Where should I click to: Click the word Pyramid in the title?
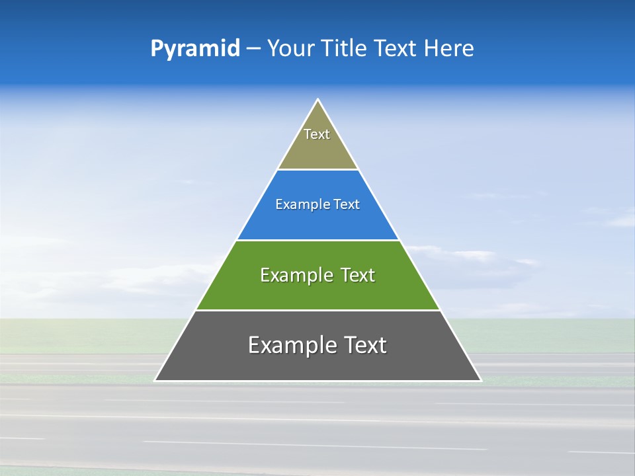click(194, 49)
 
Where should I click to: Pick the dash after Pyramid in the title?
click(253, 49)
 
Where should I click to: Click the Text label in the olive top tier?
click(317, 134)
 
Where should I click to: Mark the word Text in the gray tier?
click(364, 345)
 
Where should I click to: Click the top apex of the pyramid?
click(317, 100)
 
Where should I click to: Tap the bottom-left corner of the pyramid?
click(155, 380)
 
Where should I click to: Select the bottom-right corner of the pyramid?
click(480, 380)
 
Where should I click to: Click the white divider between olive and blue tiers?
click(317, 169)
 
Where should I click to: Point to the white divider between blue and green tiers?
click(317, 240)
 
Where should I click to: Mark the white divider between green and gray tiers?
click(317, 310)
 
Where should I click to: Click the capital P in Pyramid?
click(157, 48)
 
